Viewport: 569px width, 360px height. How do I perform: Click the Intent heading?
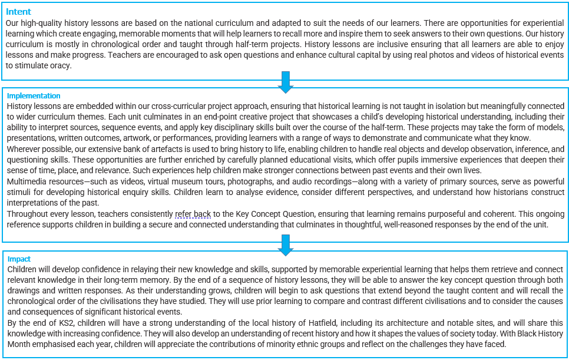click(x=18, y=12)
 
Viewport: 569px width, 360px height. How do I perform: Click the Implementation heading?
click(x=34, y=96)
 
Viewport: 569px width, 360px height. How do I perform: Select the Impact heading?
click(x=19, y=259)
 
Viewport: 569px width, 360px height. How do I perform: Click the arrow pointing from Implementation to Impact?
click(x=286, y=245)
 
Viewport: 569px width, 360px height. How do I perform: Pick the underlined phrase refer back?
click(x=193, y=214)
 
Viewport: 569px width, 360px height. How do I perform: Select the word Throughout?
click(x=27, y=214)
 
